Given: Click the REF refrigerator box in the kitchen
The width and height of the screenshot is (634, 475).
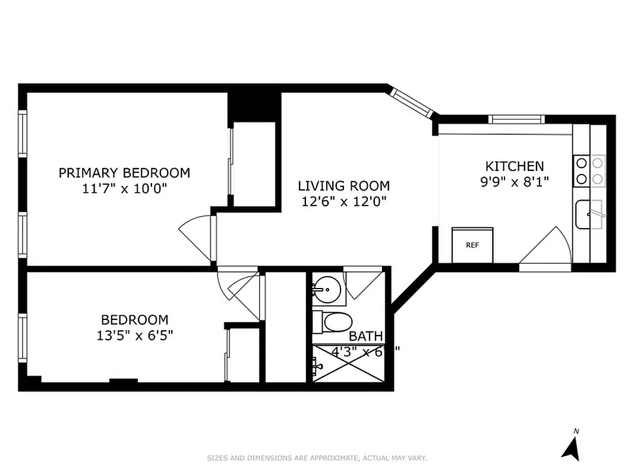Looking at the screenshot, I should click(x=472, y=245).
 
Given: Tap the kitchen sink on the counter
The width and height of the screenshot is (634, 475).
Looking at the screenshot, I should click(x=588, y=214).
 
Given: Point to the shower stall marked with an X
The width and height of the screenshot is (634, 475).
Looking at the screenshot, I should click(x=348, y=363).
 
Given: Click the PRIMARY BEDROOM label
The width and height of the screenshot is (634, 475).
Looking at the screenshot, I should click(x=124, y=173).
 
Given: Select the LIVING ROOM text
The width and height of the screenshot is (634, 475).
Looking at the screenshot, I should click(x=343, y=186).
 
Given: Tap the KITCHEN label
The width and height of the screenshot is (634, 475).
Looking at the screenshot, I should click(x=515, y=166).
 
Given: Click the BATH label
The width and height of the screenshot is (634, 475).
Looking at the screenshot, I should click(x=365, y=337).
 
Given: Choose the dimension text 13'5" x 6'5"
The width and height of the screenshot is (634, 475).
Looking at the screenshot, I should click(x=135, y=335).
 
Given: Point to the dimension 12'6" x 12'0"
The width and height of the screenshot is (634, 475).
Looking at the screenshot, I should click(x=343, y=201).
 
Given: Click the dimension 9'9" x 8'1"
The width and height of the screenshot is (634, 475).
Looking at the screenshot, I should click(x=515, y=181).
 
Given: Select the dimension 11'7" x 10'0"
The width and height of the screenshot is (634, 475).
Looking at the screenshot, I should click(x=124, y=188).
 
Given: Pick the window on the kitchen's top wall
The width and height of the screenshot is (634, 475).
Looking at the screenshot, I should click(x=516, y=119).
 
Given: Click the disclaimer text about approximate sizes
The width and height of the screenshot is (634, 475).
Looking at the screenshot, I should click(x=317, y=458).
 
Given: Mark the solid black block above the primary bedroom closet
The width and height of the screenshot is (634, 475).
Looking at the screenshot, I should click(x=254, y=107).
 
